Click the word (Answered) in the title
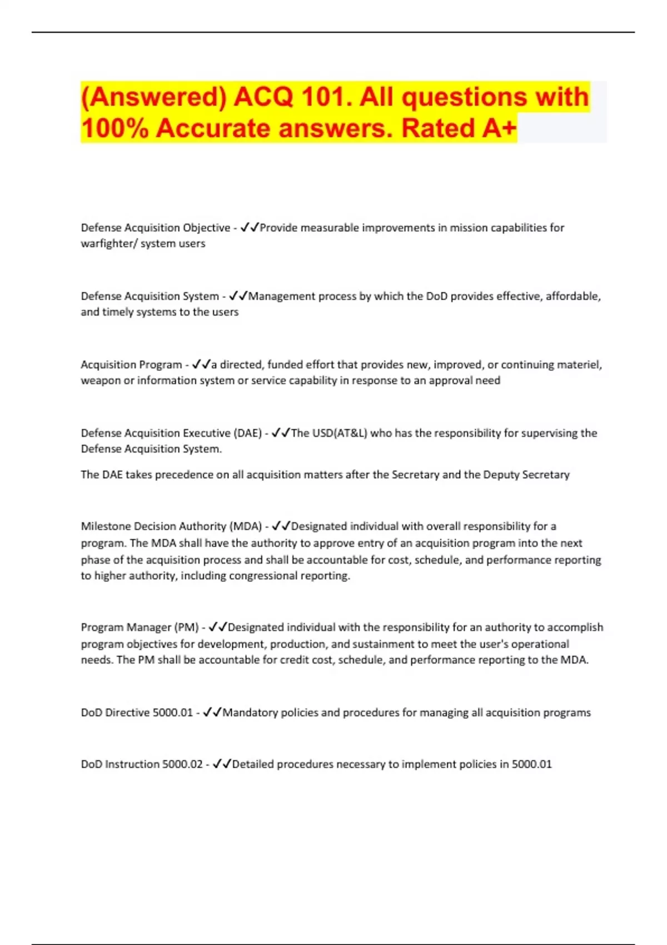pos(153,97)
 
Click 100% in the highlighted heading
pos(115,128)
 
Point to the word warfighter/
pos(109,243)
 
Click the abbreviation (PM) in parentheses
pos(186,628)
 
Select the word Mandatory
pos(250,713)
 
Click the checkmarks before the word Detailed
pos(222,764)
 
